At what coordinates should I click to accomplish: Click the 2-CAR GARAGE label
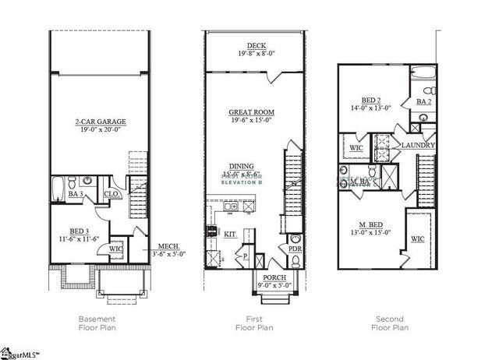(101, 122)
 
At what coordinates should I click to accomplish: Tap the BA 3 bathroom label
(76, 192)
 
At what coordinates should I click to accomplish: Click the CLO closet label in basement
(111, 193)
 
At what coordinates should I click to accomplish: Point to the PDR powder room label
(296, 249)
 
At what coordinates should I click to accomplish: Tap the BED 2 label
(370, 101)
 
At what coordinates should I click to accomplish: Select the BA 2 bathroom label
(424, 101)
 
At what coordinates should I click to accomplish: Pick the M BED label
(370, 224)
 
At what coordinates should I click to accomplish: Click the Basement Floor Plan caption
(99, 323)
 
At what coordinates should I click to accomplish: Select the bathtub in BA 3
(59, 187)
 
